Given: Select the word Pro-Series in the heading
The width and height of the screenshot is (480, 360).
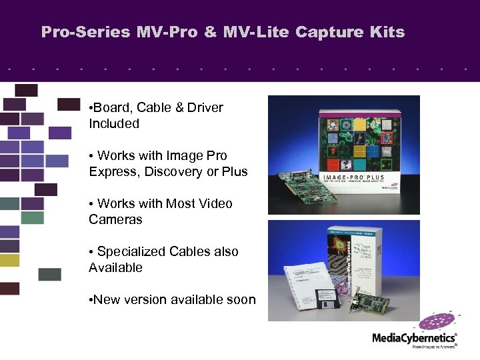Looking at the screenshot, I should [85, 32].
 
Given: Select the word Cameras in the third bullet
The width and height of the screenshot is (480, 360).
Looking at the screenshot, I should [115, 220].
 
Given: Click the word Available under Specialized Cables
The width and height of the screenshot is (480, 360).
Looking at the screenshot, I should [115, 268].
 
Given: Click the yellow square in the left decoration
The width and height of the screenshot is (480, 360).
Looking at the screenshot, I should [10, 260].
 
